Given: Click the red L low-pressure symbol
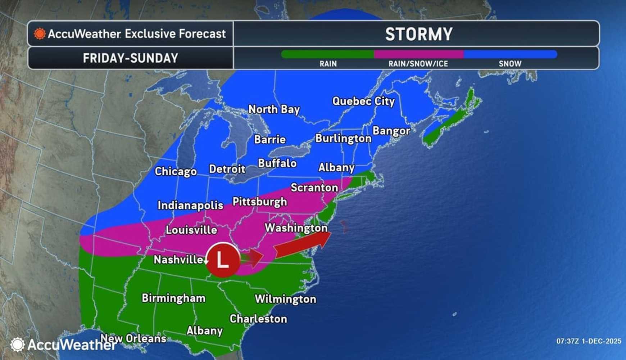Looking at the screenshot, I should pyautogui.click(x=223, y=260).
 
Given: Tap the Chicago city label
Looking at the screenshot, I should pyautogui.click(x=176, y=171).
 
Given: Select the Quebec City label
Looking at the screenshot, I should pyautogui.click(x=363, y=101).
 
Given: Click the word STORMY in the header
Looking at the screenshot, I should pyautogui.click(x=418, y=34).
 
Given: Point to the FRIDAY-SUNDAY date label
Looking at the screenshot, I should pyautogui.click(x=130, y=58).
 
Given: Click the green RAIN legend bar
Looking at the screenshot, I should pyautogui.click(x=327, y=54).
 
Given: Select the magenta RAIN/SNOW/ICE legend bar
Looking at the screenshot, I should pyautogui.click(x=418, y=54).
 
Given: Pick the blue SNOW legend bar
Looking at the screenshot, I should pyautogui.click(x=510, y=54).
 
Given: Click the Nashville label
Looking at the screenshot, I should pyautogui.click(x=178, y=260).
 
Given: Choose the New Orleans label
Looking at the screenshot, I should pyautogui.click(x=133, y=338).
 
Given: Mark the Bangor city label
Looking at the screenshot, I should pyautogui.click(x=391, y=131).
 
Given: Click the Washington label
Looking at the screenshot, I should pyautogui.click(x=296, y=228).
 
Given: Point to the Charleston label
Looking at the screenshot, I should pyautogui.click(x=258, y=319).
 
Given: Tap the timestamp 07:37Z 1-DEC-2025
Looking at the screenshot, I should pyautogui.click(x=589, y=341).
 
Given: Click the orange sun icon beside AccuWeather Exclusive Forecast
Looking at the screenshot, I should pyautogui.click(x=40, y=34).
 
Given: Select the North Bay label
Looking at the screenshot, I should pyautogui.click(x=274, y=109).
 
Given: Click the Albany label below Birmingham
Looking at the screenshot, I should pyautogui.click(x=204, y=330).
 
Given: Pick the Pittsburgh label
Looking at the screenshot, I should pyautogui.click(x=259, y=202).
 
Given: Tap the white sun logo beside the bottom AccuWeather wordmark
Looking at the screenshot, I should pyautogui.click(x=17, y=345).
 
